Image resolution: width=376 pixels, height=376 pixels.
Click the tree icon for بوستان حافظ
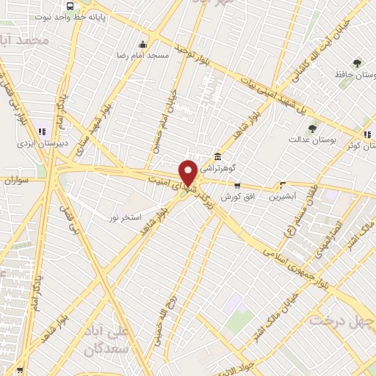(357, 62)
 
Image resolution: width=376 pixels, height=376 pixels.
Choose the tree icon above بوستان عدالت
(312, 127)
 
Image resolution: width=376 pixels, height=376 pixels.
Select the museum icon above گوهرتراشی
(217, 156)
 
